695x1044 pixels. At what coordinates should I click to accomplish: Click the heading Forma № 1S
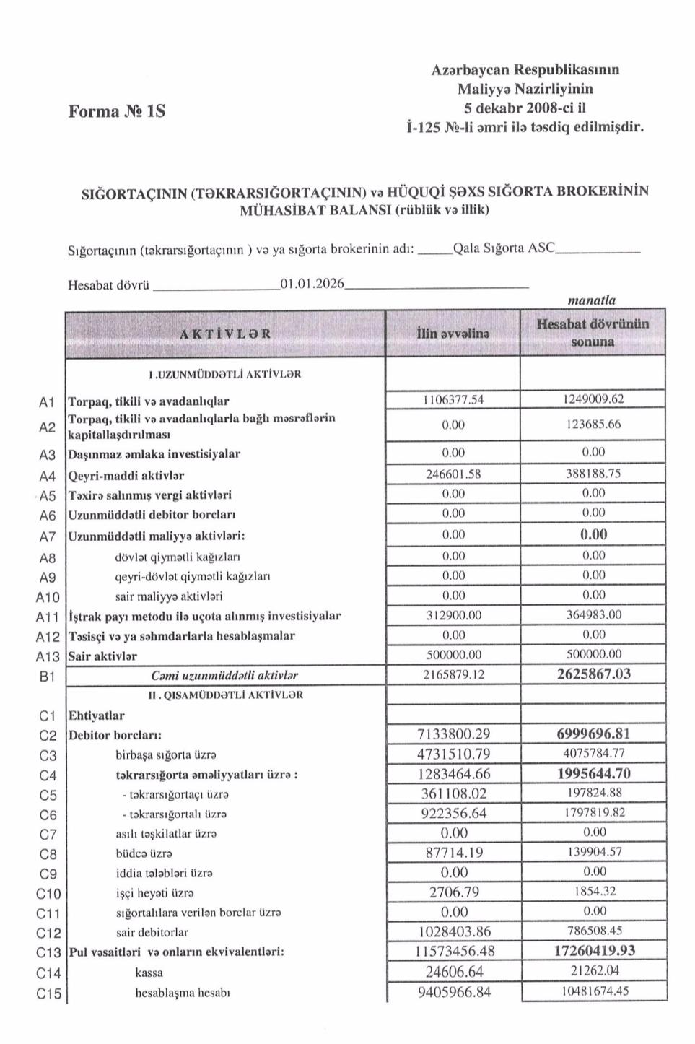click(116, 111)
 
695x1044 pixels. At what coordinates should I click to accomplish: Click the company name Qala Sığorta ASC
click(503, 248)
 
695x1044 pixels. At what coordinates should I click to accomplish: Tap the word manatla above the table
click(592, 300)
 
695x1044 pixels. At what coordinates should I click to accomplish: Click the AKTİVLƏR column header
click(225, 334)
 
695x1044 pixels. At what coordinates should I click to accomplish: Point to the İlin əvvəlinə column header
click(453, 334)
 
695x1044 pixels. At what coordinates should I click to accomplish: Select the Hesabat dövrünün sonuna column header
click(593, 333)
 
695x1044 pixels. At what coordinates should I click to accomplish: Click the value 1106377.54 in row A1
click(453, 399)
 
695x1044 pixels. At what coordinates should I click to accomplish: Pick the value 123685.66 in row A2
click(593, 425)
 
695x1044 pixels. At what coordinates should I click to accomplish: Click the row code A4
click(47, 476)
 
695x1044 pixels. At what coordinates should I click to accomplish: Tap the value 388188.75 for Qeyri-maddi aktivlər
click(593, 474)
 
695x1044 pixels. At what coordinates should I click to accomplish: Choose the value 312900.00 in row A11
click(453, 615)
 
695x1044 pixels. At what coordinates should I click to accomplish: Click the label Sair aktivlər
click(102, 656)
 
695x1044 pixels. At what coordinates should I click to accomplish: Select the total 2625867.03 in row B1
click(593, 674)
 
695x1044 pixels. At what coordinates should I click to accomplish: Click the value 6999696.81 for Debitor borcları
click(593, 734)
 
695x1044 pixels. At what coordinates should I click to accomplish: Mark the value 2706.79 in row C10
click(454, 892)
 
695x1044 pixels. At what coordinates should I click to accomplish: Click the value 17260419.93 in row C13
click(594, 951)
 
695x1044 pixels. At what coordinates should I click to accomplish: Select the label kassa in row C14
click(149, 973)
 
